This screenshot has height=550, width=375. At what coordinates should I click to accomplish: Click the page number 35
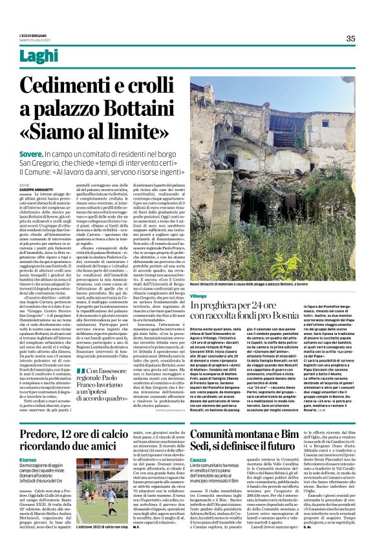pyautogui.click(x=350, y=38)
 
